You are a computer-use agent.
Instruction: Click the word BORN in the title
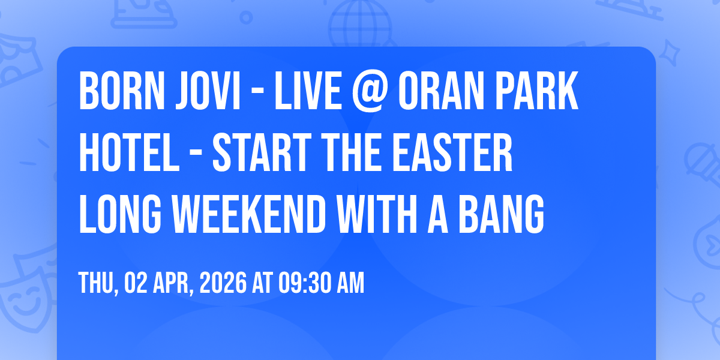pos(122,91)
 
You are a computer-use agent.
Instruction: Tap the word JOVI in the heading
pos(208,91)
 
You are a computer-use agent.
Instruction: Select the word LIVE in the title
pos(308,91)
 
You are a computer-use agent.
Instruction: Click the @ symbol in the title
pos(370,92)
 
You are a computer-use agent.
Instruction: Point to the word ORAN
pos(442,91)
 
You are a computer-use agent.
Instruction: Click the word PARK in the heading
pos(537,91)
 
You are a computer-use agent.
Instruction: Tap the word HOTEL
pos(129,152)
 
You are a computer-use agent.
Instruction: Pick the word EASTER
pos(452,152)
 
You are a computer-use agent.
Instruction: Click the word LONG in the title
pos(120,214)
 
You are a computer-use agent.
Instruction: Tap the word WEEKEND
pos(249,214)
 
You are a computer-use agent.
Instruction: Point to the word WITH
pos(377,214)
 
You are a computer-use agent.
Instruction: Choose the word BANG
pos(502,214)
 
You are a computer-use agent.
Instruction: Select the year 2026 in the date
pos(223,283)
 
